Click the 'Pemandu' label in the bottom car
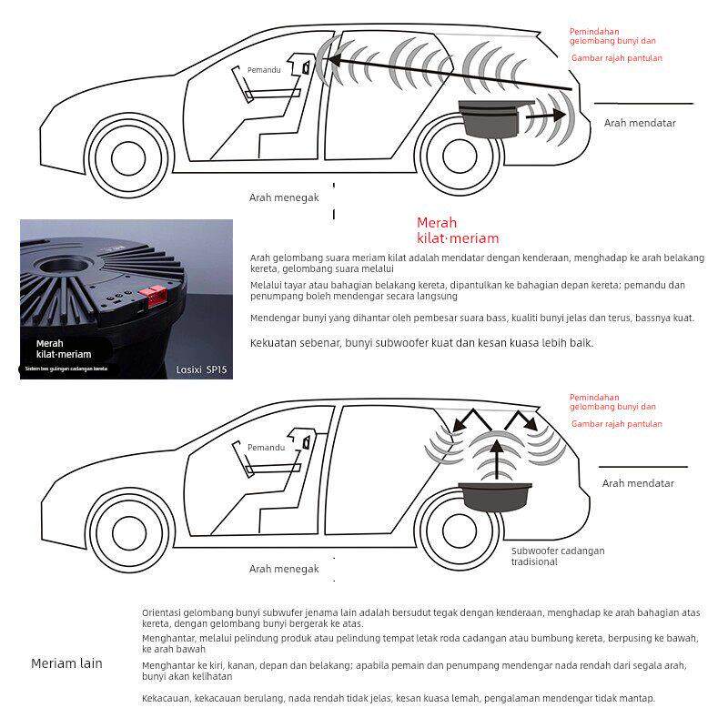pos(267,448)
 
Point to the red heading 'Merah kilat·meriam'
pos(458,230)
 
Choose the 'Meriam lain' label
pos(66,663)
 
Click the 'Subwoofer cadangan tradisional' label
pos(557,556)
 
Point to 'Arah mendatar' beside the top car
pos(640,123)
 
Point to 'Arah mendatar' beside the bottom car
pos(638,483)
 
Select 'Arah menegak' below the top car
pos(284,197)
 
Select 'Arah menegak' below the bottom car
pos(284,569)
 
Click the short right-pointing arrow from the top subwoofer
pos(547,116)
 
